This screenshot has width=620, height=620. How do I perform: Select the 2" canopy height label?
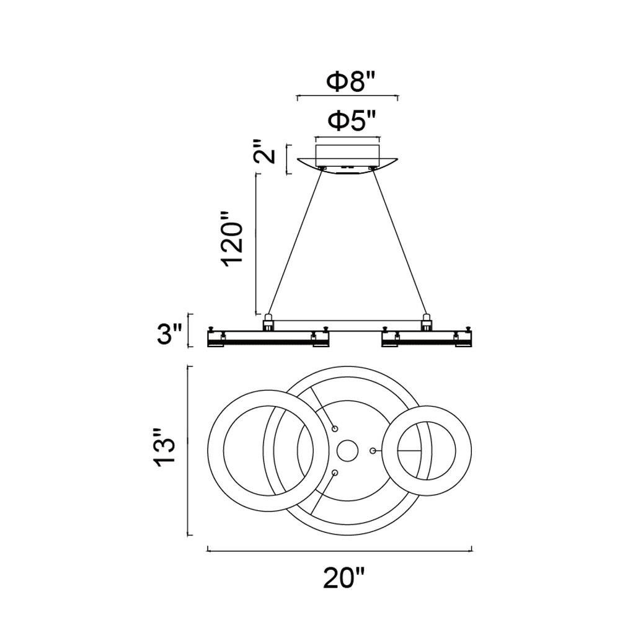tap(263, 151)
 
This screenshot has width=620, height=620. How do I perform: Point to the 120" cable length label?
tap(232, 239)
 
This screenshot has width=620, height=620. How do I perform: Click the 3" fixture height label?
tap(170, 334)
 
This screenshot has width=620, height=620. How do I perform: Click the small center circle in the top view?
tap(347, 451)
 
